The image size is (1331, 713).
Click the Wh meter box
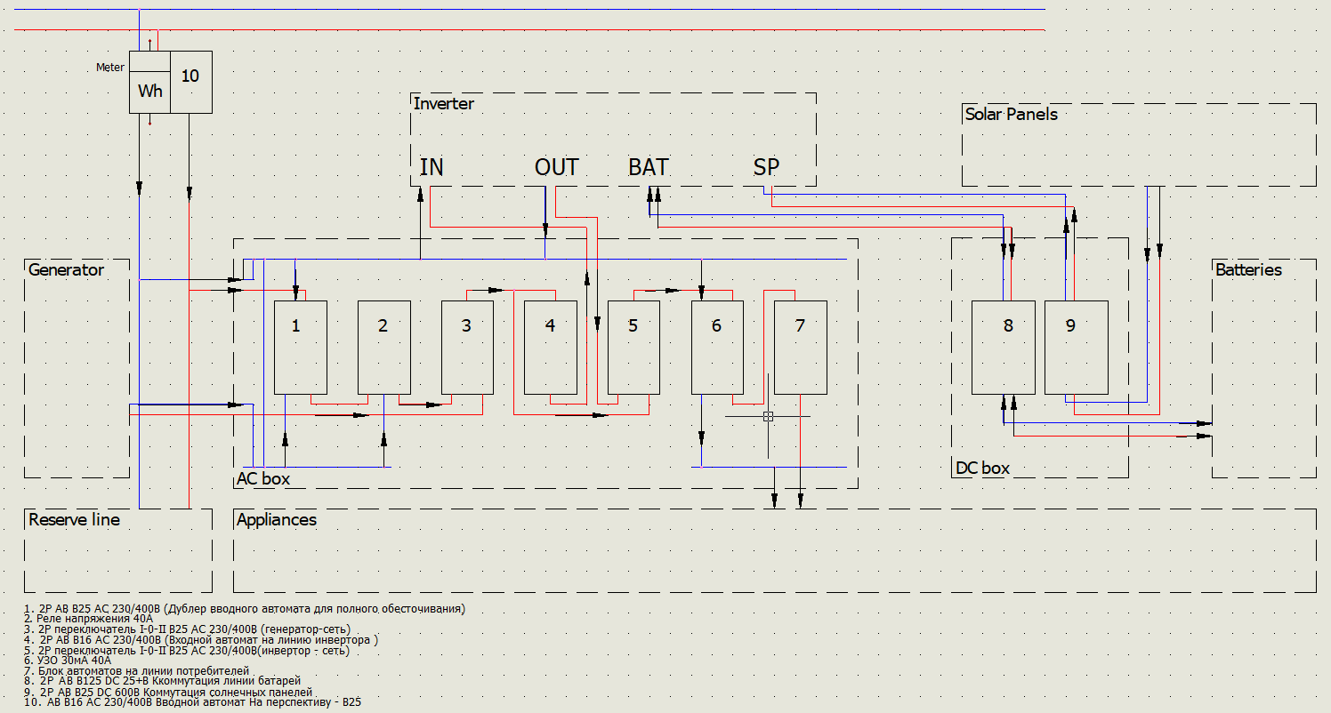[149, 91]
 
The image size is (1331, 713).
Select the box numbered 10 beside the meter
[190, 81]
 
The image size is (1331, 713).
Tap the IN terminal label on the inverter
[432, 167]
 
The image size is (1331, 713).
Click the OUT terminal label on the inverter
[556, 167]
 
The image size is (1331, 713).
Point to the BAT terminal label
[649, 167]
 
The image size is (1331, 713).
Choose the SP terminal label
[766, 167]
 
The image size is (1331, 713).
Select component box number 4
[550, 347]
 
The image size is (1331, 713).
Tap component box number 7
[800, 347]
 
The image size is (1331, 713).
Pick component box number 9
[1076, 347]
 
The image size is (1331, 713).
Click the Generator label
[66, 270]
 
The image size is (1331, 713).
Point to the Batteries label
[1248, 270]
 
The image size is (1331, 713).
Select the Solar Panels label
[1011, 114]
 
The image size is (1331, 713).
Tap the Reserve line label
[74, 520]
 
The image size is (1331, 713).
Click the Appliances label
[277, 520]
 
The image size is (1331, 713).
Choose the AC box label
[263, 479]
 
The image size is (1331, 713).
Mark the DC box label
[982, 469]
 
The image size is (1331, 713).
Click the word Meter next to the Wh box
[110, 68]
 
